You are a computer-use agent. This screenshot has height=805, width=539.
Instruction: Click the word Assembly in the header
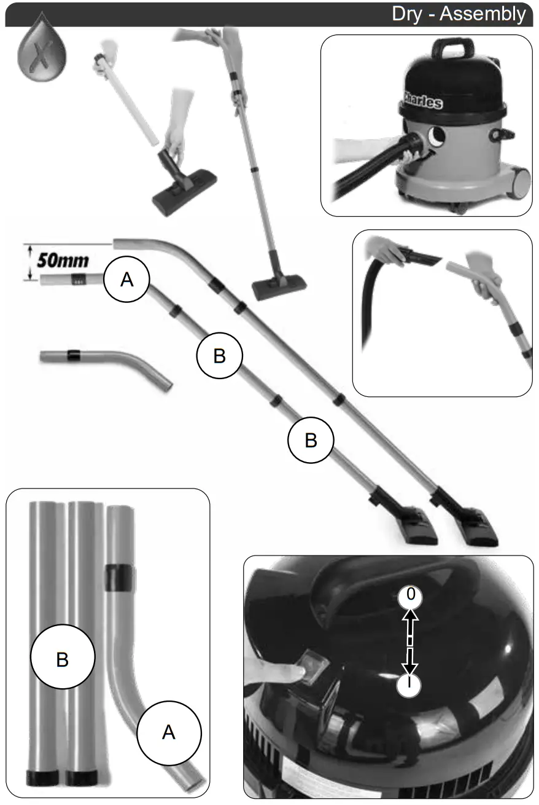point(483,14)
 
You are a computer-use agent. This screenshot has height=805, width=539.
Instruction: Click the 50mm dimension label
point(62,259)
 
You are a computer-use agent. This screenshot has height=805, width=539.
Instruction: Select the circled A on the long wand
point(126,280)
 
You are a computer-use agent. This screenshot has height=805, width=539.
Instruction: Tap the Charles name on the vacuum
point(423,99)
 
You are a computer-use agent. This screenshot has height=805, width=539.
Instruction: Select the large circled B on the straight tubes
point(63,659)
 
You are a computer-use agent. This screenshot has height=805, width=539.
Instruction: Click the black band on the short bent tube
point(74,355)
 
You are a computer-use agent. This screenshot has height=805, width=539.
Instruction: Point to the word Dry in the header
point(409,14)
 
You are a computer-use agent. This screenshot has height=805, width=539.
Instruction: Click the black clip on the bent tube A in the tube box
point(120,578)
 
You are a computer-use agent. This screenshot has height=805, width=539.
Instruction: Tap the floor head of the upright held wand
point(279,289)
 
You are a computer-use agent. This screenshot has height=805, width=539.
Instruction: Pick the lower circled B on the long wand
point(311,440)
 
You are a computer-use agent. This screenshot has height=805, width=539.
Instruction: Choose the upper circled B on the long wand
point(219,356)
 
